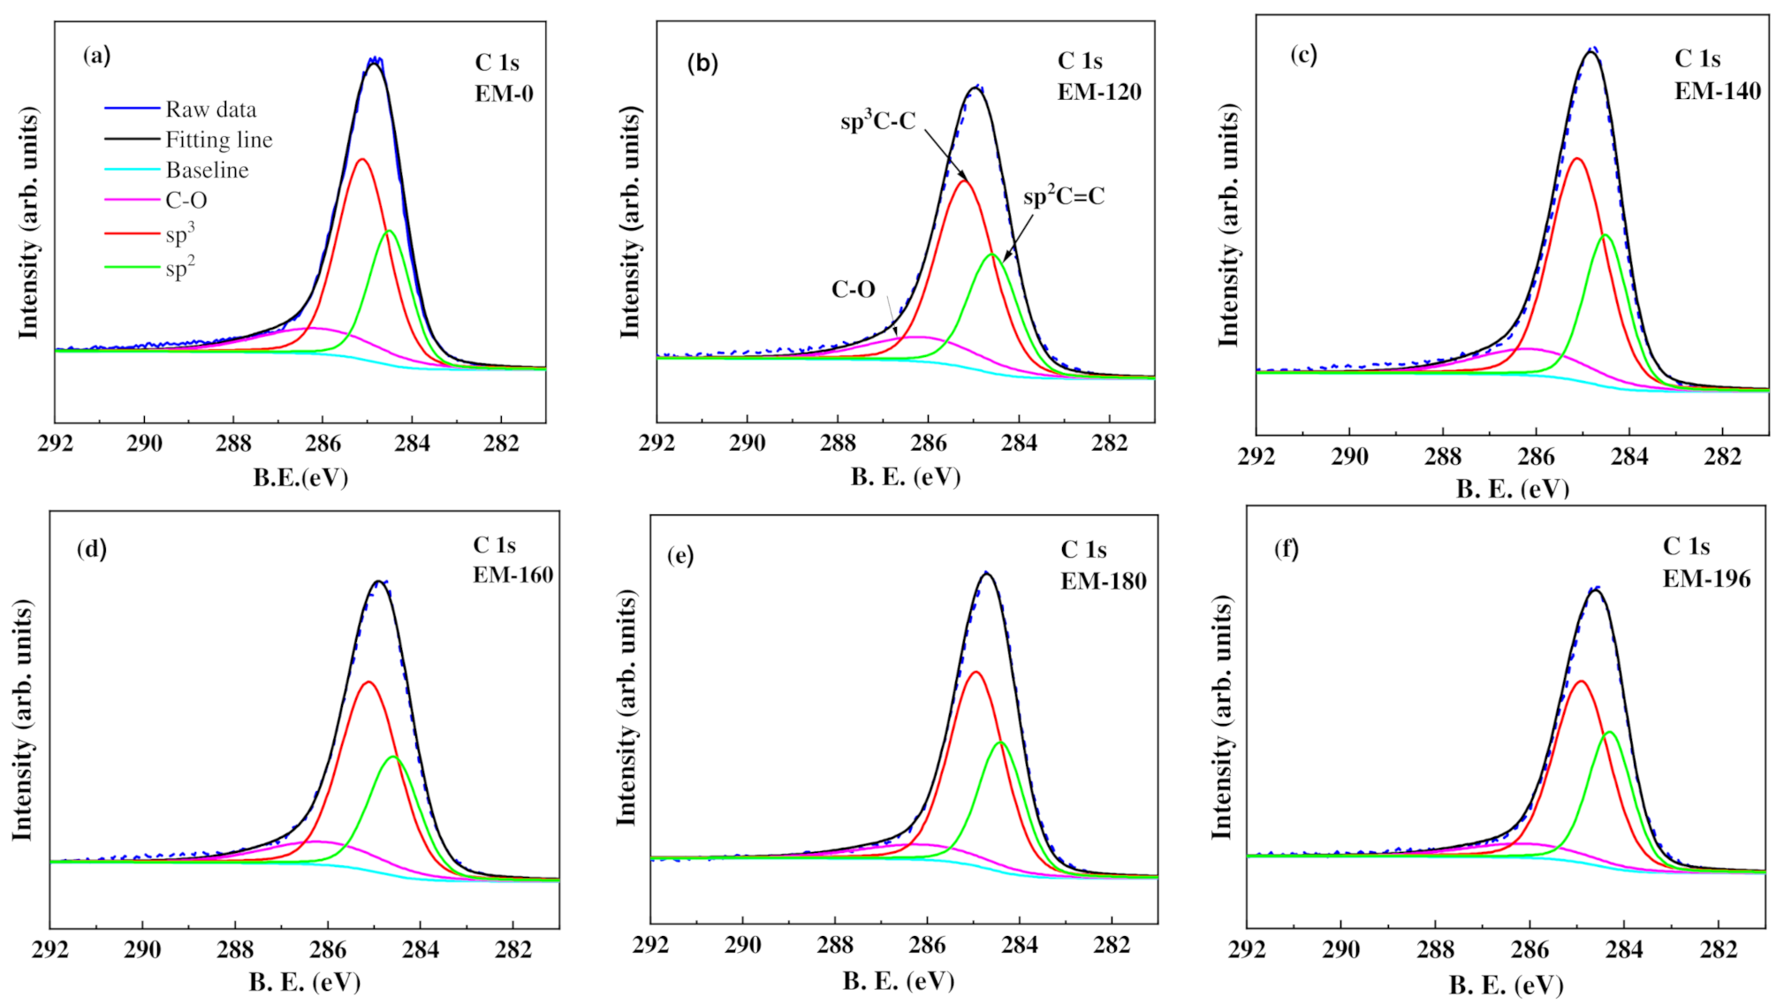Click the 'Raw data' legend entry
tap(210, 110)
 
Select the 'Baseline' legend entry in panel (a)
tap(207, 170)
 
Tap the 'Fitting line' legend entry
tap(218, 140)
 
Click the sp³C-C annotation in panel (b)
tap(877, 121)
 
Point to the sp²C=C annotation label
tap(1063, 196)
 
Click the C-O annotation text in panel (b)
tap(853, 289)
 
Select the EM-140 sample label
tap(1717, 90)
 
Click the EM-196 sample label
tap(1706, 578)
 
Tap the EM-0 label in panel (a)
tap(504, 94)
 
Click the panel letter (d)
tap(91, 549)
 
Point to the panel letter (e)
tap(680, 555)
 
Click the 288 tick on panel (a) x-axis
tap(233, 443)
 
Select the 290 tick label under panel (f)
tap(1340, 949)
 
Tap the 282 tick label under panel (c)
tap(1722, 456)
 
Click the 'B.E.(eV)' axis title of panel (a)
tap(300, 477)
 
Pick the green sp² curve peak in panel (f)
tap(1609, 732)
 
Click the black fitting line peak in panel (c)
tap(1590, 52)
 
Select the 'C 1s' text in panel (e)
tap(1083, 550)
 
